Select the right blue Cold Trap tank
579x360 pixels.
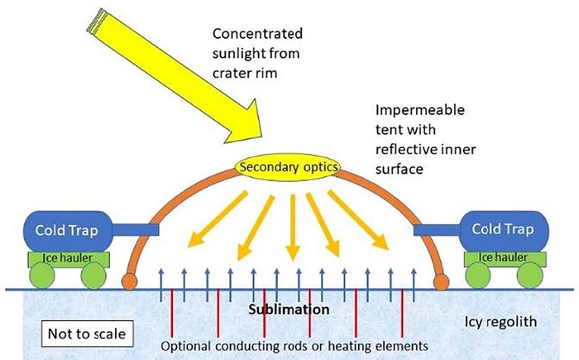coord(503,229)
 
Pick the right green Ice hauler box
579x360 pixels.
coord(504,258)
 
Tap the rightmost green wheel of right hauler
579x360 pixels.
coord(534,276)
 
